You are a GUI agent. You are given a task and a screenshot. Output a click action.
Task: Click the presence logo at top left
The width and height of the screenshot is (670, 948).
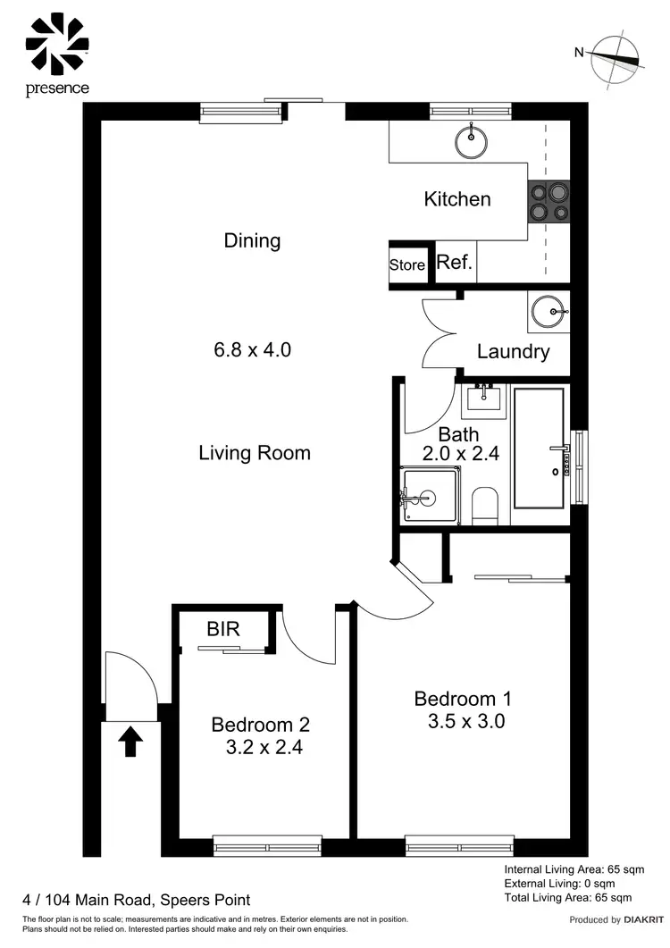coord(57,52)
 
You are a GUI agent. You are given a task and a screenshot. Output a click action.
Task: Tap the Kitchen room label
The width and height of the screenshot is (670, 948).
coord(456,198)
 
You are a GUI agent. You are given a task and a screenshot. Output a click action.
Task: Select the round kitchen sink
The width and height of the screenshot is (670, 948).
coord(469,138)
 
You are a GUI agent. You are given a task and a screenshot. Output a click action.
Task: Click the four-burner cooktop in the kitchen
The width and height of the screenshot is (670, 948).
coord(549,201)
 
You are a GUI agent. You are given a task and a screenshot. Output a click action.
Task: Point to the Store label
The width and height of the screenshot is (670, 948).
coord(406,265)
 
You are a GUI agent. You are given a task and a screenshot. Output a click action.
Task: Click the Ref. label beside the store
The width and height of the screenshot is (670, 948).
coord(454,264)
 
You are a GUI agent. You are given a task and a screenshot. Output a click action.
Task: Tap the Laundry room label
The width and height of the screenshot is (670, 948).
coord(513,351)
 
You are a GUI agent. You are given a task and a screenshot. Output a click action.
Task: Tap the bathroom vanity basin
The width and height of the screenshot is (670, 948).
coord(483,397)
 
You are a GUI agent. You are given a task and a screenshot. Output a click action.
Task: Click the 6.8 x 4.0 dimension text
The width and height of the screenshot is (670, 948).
coord(252,349)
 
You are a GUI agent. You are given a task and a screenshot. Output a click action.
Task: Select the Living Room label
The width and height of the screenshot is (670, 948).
coord(255,452)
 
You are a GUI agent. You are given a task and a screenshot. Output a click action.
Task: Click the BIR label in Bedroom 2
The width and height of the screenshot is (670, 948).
coord(223,629)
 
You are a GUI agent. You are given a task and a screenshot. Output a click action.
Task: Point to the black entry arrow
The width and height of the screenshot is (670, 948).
coord(131,741)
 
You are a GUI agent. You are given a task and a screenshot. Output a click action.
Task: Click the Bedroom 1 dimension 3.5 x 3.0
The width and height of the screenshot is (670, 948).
coord(465,721)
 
